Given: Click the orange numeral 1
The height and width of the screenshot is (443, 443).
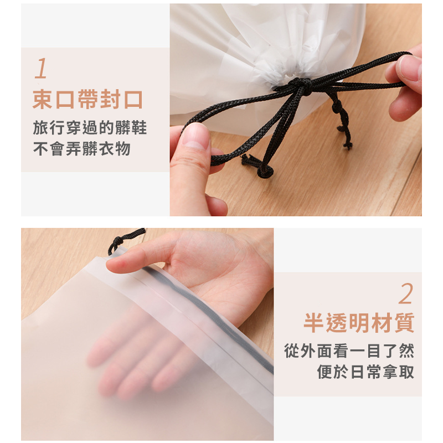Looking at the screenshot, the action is coord(41,68).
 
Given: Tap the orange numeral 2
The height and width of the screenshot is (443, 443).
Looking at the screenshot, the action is coord(406,294).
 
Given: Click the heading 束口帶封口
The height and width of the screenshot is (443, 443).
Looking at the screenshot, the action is coord(88,99).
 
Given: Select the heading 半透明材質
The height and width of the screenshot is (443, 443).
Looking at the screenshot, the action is coord(359,323).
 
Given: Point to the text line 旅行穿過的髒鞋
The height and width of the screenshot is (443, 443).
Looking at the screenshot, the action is coord(90,127).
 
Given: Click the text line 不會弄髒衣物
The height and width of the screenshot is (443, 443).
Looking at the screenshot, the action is coord(81,149).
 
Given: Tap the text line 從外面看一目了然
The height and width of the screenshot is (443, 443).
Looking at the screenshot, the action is coord(349,351).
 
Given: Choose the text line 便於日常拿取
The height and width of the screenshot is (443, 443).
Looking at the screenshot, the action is coord(365,372).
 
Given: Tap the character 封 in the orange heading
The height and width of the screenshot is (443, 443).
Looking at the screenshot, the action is coord(111,99).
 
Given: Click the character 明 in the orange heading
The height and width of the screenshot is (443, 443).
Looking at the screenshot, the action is coord(359,323).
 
